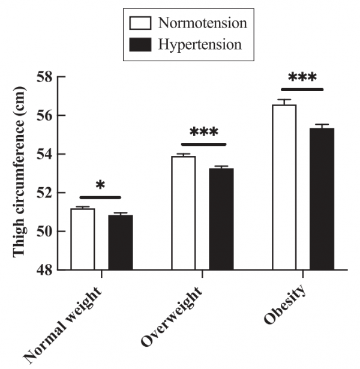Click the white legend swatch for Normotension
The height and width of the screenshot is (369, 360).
click(x=140, y=24)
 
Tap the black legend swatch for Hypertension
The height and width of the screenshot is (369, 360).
click(x=140, y=44)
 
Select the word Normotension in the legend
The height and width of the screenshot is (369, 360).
click(x=202, y=24)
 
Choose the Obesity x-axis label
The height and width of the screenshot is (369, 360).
click(x=287, y=305)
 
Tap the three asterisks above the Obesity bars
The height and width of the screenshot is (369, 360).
click(x=302, y=78)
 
